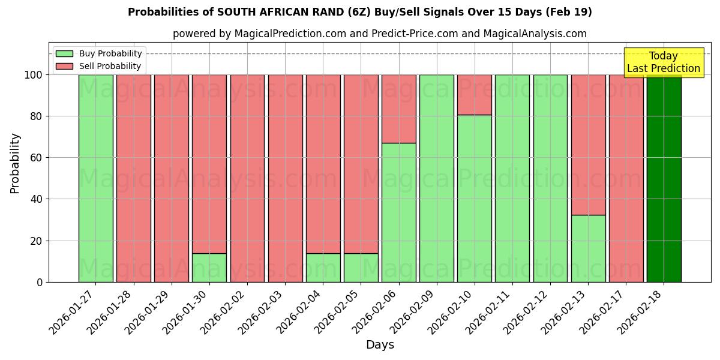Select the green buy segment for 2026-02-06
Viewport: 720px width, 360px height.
point(398,212)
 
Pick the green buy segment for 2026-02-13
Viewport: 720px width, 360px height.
point(588,248)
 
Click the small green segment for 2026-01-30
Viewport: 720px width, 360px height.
point(209,268)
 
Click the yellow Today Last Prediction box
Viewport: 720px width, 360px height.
point(663,62)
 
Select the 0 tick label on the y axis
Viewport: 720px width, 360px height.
point(40,282)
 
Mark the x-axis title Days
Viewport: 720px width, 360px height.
point(380,345)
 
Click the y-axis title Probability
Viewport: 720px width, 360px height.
point(15,163)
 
